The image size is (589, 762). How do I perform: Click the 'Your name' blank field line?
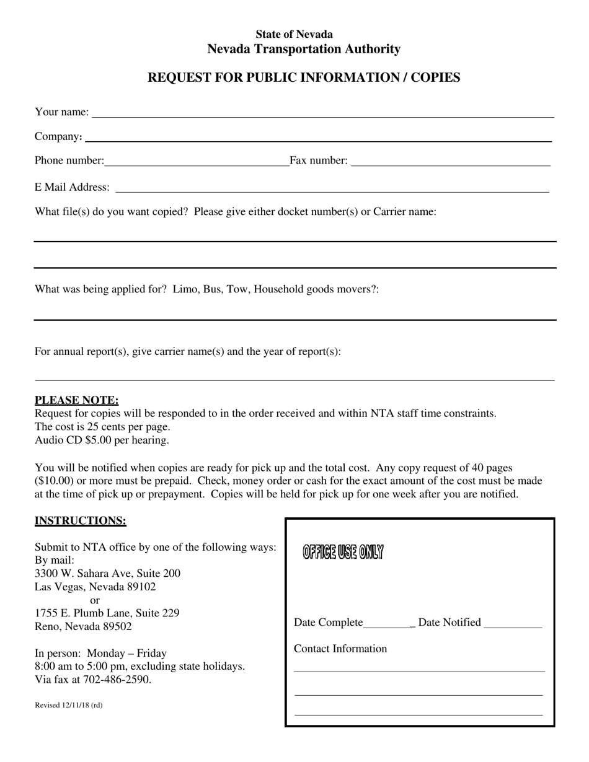coord(322,115)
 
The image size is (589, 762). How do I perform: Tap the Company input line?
coord(317,140)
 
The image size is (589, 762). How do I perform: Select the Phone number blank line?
coord(197,165)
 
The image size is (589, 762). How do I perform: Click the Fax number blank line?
coord(451,165)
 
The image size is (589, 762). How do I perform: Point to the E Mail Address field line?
coord(332,191)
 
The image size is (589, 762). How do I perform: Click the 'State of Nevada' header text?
coord(294,34)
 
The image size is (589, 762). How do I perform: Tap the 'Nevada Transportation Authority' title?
coord(304,49)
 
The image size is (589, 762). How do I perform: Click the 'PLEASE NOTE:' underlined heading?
coord(76,400)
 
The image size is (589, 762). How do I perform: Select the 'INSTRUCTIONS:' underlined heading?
coord(81,520)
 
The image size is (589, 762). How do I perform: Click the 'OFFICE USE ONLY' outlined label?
coord(343,551)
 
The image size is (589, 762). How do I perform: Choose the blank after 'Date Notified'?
coord(512,626)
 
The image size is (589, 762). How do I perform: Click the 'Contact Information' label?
coord(340,649)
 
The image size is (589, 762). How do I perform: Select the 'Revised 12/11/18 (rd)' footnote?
coord(69,705)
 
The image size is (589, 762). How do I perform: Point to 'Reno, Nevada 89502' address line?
coord(83,626)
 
